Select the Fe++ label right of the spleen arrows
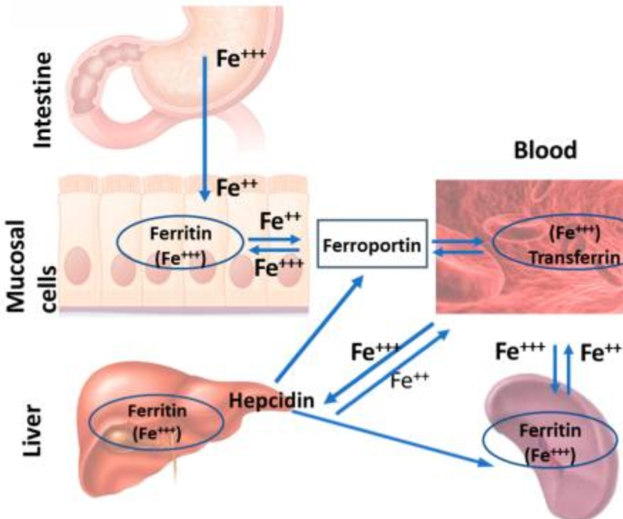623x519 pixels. [601, 354]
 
